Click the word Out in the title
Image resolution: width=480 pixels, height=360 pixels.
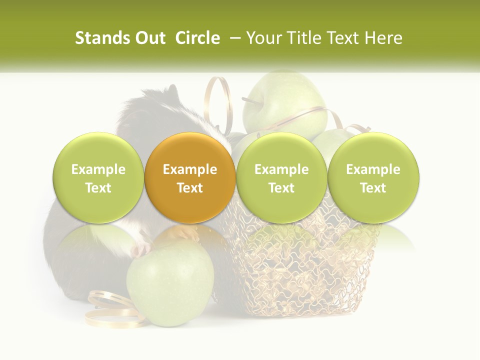150,38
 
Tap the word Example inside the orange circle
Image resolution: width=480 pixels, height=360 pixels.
190,169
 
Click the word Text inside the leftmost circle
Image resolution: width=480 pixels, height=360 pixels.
98,188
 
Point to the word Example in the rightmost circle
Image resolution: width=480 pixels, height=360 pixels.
373,169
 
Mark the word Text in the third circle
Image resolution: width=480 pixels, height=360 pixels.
281,188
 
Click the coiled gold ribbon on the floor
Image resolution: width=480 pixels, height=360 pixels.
112,310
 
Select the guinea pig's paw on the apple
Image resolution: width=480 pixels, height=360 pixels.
142,247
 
